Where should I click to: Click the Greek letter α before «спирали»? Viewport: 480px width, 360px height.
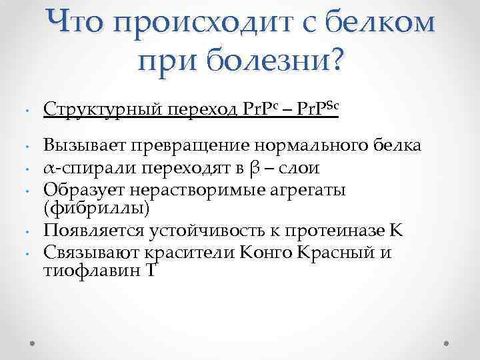(x=48, y=168)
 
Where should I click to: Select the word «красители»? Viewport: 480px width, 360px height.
(x=181, y=253)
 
